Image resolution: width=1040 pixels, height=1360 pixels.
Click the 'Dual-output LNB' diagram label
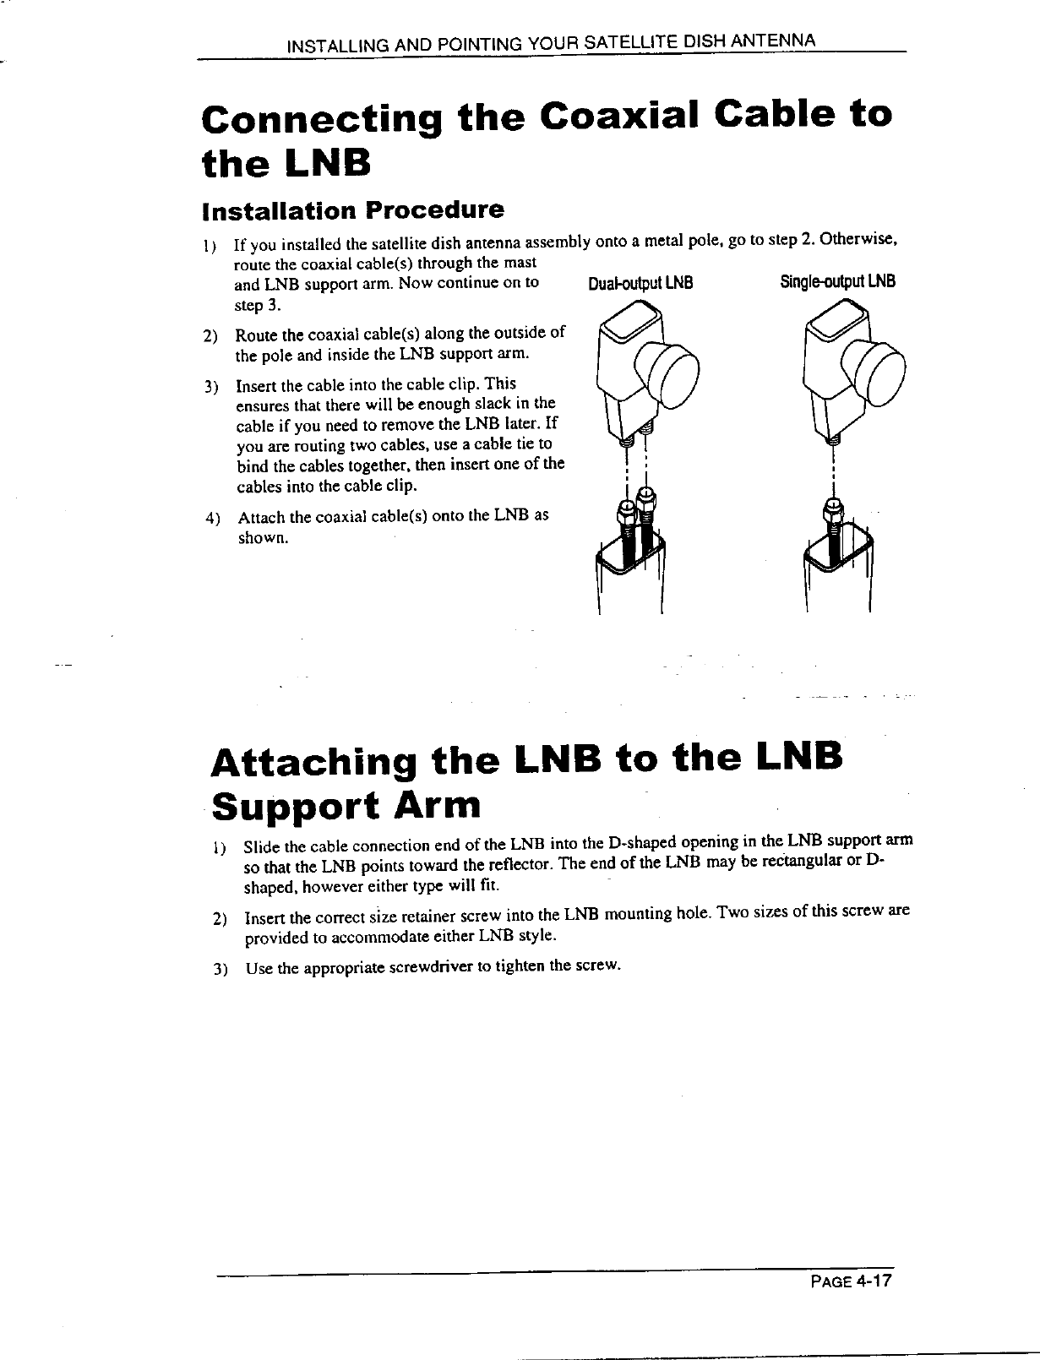point(640,283)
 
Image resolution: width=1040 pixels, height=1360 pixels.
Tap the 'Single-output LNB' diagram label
point(837,281)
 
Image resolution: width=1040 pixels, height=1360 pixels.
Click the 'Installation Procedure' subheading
point(353,208)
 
